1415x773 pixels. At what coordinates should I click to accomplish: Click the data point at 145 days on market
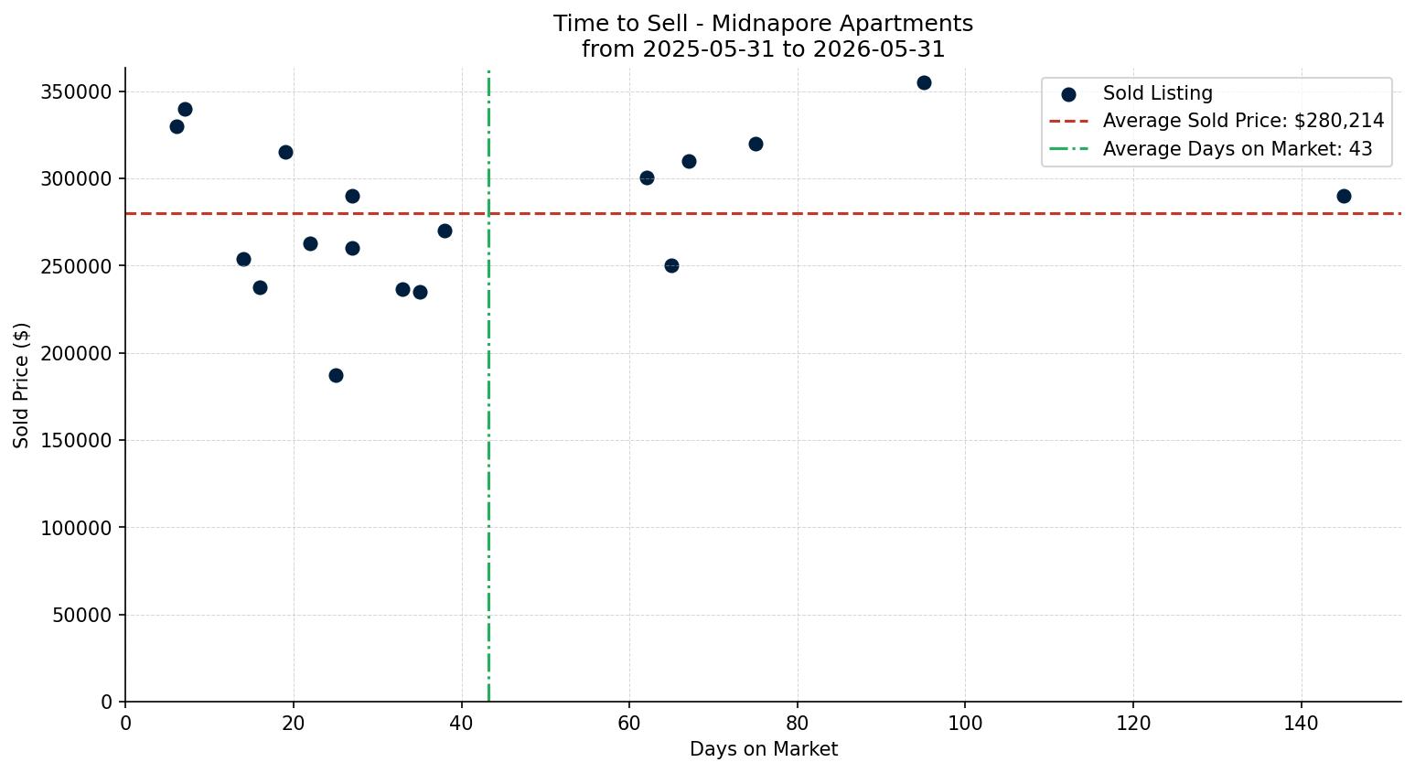click(x=1344, y=197)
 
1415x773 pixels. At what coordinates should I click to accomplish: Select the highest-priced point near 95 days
click(x=924, y=82)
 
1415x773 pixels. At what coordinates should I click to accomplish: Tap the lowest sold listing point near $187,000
click(x=336, y=376)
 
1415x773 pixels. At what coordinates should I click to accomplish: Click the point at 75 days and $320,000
click(x=756, y=144)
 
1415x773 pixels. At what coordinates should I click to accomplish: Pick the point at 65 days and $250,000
click(x=671, y=266)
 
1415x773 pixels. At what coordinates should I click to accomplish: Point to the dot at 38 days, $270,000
click(x=445, y=231)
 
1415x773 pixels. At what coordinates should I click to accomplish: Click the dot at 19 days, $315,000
click(x=285, y=152)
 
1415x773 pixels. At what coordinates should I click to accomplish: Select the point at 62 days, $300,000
click(x=647, y=178)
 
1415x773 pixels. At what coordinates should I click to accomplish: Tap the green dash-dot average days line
click(x=488, y=386)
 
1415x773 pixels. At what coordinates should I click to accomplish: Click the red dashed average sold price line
click(x=763, y=213)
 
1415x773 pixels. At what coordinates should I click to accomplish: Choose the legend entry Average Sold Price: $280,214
click(x=1217, y=121)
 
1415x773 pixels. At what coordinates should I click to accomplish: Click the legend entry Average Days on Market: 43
click(x=1211, y=149)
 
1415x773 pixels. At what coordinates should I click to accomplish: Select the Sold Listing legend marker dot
click(x=1069, y=95)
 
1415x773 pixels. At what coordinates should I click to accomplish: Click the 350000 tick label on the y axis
click(x=76, y=92)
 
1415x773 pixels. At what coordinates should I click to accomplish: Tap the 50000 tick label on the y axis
click(x=82, y=615)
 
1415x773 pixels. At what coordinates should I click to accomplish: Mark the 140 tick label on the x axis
click(x=1302, y=723)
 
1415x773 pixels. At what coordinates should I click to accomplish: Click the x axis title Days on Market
click(x=763, y=749)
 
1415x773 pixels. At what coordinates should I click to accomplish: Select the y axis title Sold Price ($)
click(x=21, y=386)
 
